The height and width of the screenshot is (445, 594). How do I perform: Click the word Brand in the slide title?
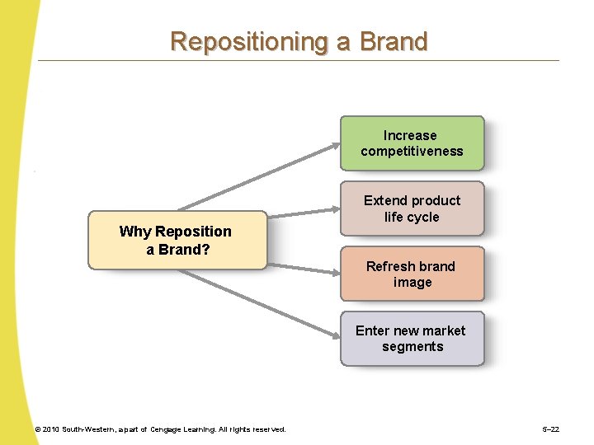pyautogui.click(x=394, y=41)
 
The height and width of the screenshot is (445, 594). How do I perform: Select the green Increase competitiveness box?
pyautogui.click(x=412, y=143)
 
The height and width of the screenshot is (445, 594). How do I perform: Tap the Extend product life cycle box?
pyautogui.click(x=412, y=208)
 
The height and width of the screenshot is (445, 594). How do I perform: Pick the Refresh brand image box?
pyautogui.click(x=412, y=274)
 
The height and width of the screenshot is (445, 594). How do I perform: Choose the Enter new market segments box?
pyautogui.click(x=412, y=339)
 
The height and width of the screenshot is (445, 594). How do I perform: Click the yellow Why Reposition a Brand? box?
pyautogui.click(x=177, y=240)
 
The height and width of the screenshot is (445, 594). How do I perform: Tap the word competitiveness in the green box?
pyautogui.click(x=412, y=152)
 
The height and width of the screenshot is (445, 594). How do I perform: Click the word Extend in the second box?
pyautogui.click(x=385, y=200)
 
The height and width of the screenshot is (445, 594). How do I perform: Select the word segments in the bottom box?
pyautogui.click(x=412, y=347)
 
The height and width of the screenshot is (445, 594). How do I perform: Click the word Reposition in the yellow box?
pyautogui.click(x=193, y=232)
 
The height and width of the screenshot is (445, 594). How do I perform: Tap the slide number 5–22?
pyautogui.click(x=550, y=429)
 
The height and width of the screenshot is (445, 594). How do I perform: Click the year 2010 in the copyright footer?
pyautogui.click(x=52, y=429)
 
